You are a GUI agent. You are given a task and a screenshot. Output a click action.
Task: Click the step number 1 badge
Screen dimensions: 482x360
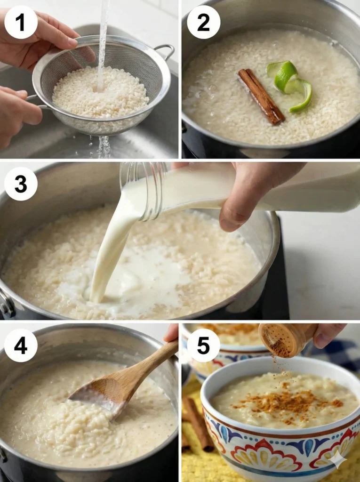[x=21, y=22]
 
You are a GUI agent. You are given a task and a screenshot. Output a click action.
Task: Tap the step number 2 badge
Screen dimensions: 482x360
[x=203, y=22]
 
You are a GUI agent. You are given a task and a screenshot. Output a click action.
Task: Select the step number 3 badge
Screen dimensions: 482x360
[x=21, y=184]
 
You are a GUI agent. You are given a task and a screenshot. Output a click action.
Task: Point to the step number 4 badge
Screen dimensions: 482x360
[x=21, y=345]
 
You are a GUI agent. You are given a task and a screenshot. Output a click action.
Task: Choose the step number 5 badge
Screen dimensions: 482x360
[x=203, y=345]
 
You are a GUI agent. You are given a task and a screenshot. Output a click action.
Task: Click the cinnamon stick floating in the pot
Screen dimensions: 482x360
[x=261, y=96]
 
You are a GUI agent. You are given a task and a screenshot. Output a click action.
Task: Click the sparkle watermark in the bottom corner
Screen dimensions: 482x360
[x=338, y=459]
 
